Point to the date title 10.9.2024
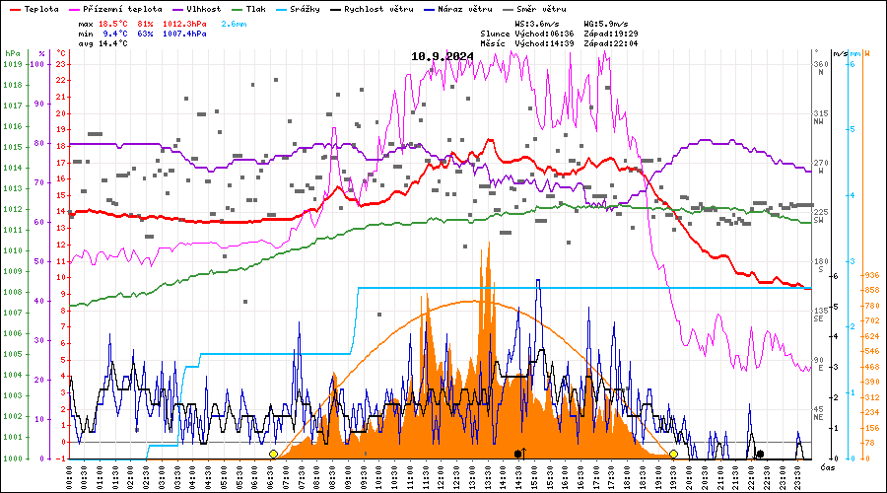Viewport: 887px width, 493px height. tap(443, 56)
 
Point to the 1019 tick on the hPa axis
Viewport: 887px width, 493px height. tap(12, 64)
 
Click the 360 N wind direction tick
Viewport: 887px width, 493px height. tap(817, 66)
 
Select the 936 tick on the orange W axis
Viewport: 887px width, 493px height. tap(871, 275)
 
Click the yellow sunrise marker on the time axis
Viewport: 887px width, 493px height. tap(273, 455)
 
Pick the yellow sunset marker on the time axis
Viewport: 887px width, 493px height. tap(673, 455)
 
